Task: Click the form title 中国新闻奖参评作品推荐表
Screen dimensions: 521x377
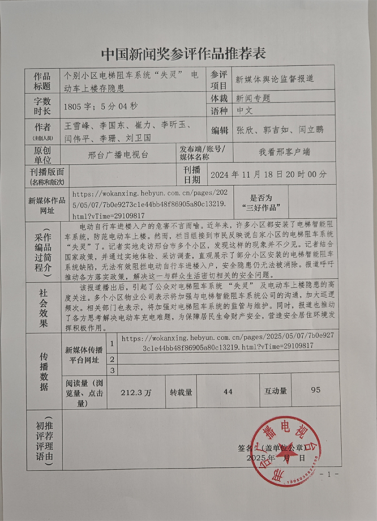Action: click(183, 54)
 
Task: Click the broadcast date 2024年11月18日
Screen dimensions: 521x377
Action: click(254, 174)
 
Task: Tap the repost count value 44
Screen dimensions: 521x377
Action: click(228, 391)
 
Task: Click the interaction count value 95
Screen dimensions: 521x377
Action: click(316, 390)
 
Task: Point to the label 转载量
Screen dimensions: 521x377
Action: click(181, 391)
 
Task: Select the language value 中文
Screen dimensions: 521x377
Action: click(247, 112)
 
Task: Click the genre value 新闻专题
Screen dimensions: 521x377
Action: click(253, 97)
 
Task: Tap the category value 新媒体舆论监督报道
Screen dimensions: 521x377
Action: click(282, 79)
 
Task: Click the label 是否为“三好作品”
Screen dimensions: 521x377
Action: click(261, 201)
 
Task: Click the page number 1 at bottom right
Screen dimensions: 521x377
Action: click(329, 473)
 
